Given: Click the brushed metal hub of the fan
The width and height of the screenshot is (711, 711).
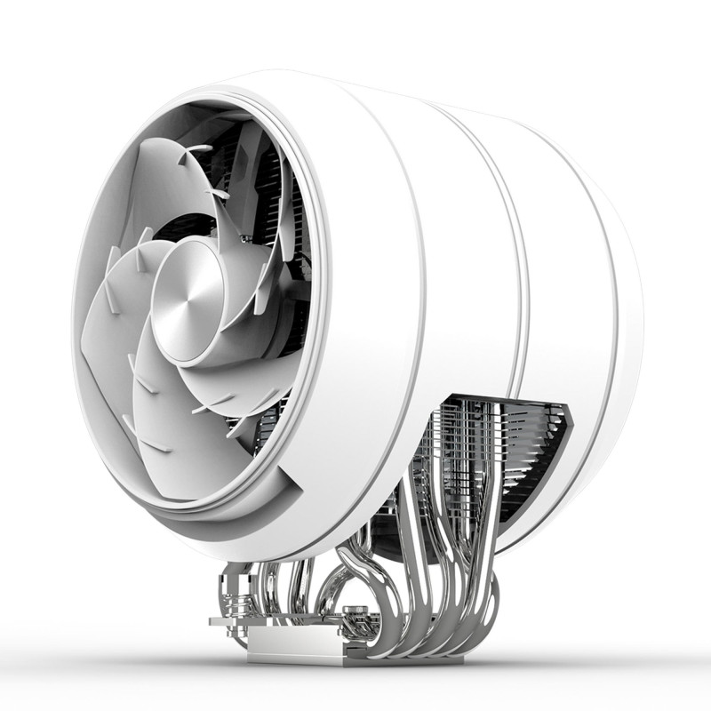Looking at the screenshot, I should tap(189, 302).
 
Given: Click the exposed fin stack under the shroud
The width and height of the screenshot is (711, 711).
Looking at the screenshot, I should tap(498, 444).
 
